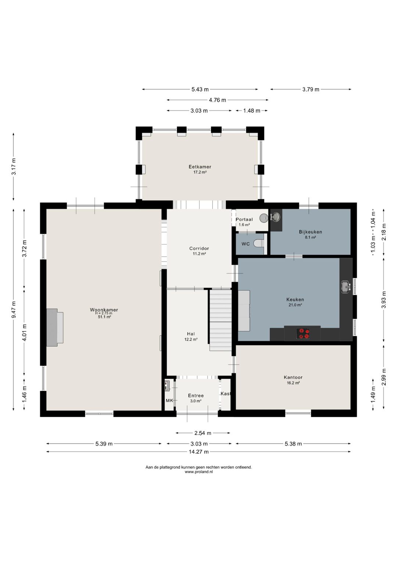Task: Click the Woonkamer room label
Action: tap(104, 310)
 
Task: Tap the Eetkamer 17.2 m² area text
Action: tap(200, 172)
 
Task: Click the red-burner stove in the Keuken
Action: tap(304, 333)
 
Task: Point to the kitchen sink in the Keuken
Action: tap(345, 287)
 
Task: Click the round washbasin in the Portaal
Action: tap(264, 218)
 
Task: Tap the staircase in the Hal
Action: tap(221, 320)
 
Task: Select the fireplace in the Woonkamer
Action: tap(55, 327)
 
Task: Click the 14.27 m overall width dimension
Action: tap(198, 452)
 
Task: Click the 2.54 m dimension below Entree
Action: tap(203, 433)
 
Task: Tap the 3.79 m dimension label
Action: tap(311, 89)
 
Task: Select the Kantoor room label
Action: tap(293, 377)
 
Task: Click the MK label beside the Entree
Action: tap(169, 400)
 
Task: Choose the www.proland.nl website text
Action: tap(199, 472)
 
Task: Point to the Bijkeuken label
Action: tap(310, 232)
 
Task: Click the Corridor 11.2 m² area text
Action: tap(199, 254)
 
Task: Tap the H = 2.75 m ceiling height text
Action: tap(104, 313)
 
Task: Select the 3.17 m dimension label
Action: tap(14, 166)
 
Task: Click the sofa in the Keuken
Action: tap(244, 310)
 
